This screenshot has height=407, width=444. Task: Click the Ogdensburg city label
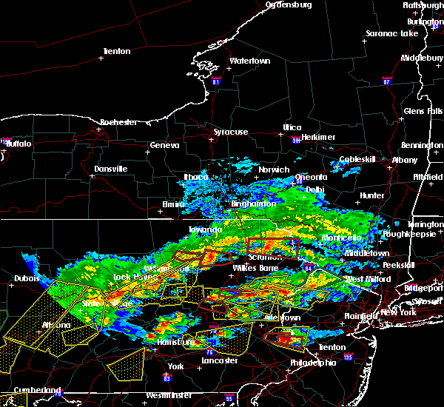pos(289,4)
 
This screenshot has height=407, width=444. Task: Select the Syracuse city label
pos(230,132)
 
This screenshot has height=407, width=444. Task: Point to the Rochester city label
pos(119,121)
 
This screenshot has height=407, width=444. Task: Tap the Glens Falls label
pos(423,111)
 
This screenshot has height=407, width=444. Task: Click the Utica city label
pos(292,127)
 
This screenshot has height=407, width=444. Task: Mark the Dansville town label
pos(111,169)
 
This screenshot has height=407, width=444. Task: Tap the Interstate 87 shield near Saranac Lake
pos(386,80)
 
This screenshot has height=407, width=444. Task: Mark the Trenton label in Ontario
pos(115,51)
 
